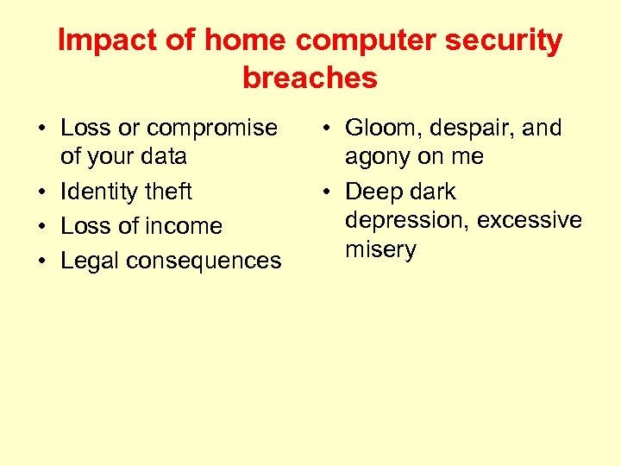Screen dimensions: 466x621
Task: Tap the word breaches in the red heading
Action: coord(310,79)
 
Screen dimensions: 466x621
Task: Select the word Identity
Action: coord(101,192)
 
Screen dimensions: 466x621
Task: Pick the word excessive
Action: coord(530,221)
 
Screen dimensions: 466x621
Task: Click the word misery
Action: coord(381,250)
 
